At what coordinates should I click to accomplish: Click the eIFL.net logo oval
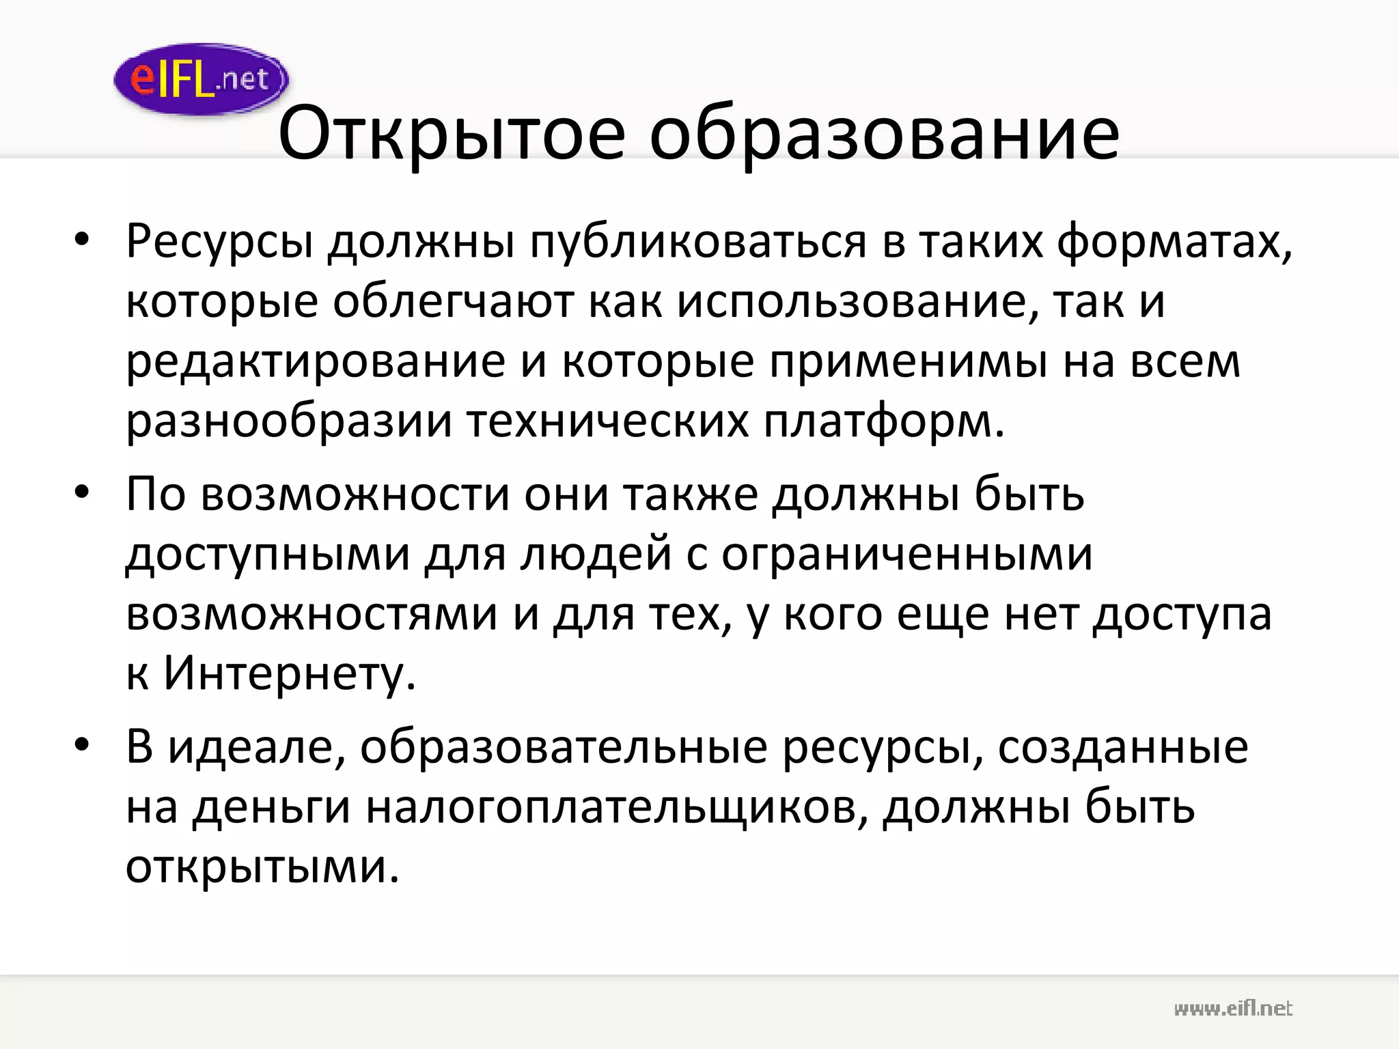pos(201,79)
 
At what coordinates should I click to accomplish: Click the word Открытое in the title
pos(452,133)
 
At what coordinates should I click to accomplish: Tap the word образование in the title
pos(884,133)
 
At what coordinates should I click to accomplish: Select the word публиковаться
pos(698,242)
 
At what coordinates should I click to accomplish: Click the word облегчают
pos(453,302)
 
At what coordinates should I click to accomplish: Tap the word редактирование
pos(316,361)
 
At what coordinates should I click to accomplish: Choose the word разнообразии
pos(289,421)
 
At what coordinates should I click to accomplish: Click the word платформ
pos(883,421)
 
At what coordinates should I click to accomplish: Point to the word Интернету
pos(290,673)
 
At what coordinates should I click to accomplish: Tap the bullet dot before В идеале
pos(82,746)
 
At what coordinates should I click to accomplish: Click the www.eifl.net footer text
pos(1233,1008)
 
